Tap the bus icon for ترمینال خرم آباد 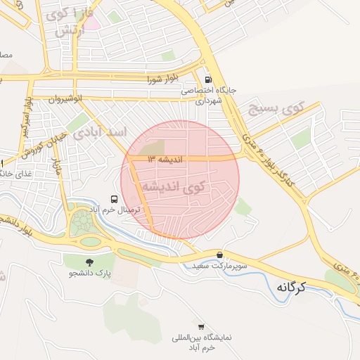115,199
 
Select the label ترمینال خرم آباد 115,210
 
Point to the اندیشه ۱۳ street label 165,160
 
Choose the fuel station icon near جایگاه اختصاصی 207,79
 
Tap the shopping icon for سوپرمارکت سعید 220,255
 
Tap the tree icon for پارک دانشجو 69,262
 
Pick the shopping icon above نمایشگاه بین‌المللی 202,326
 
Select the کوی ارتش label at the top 69,22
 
